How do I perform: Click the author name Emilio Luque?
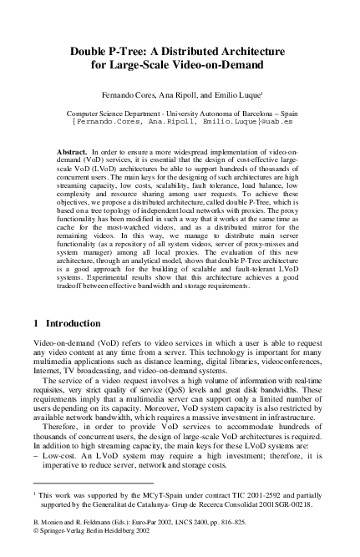[x=236, y=95]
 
